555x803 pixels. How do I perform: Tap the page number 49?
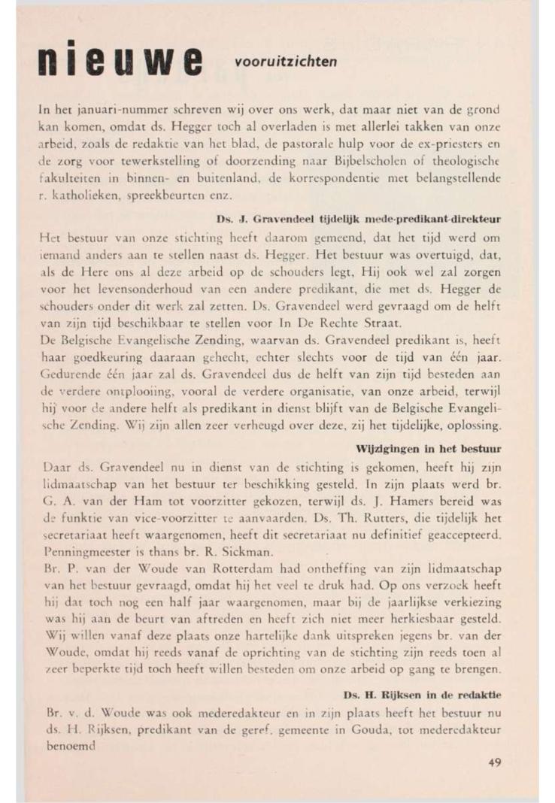[494, 762]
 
